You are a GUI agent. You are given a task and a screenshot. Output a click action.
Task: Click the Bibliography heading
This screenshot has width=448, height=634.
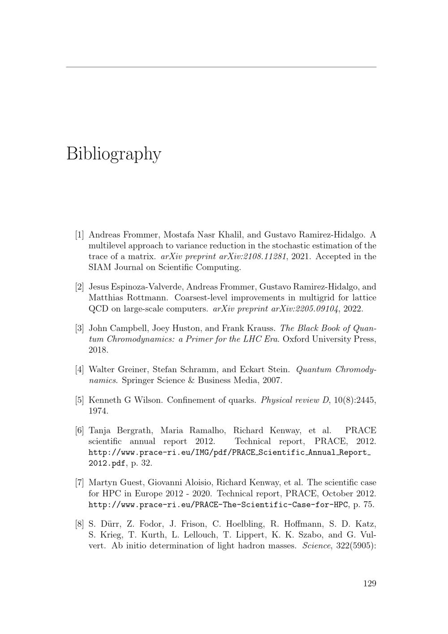pos(114,153)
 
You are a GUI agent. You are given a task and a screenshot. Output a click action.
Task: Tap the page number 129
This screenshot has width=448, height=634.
pos(370,583)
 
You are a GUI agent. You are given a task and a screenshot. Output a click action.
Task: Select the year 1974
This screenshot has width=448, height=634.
pos(99,411)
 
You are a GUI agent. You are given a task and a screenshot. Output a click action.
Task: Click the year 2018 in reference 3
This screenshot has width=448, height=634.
pos(99,350)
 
